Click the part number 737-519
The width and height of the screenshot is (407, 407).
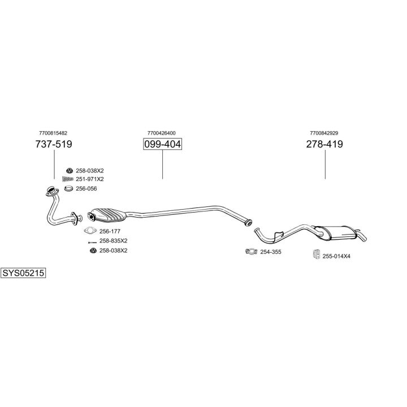tap(54, 144)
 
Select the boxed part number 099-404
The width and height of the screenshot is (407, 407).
tap(162, 144)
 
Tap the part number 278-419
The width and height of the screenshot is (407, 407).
tap(324, 144)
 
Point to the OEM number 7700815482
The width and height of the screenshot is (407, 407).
tap(54, 133)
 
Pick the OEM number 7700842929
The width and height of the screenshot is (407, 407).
tap(324, 133)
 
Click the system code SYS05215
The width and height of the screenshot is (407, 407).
tap(23, 273)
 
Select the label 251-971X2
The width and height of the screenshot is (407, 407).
tap(90, 179)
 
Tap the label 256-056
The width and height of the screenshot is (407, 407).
tap(86, 189)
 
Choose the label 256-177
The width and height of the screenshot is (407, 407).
tap(110, 231)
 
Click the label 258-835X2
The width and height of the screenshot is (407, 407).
tap(113, 241)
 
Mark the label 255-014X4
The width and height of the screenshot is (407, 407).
tap(336, 256)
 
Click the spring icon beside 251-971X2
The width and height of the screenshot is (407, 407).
tap(68, 179)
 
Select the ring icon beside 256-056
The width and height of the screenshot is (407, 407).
tap(68, 189)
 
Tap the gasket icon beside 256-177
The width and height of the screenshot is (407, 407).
tap(90, 231)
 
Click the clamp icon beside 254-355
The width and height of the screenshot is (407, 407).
tap(250, 252)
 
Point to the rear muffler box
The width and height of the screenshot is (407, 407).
tap(339, 232)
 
